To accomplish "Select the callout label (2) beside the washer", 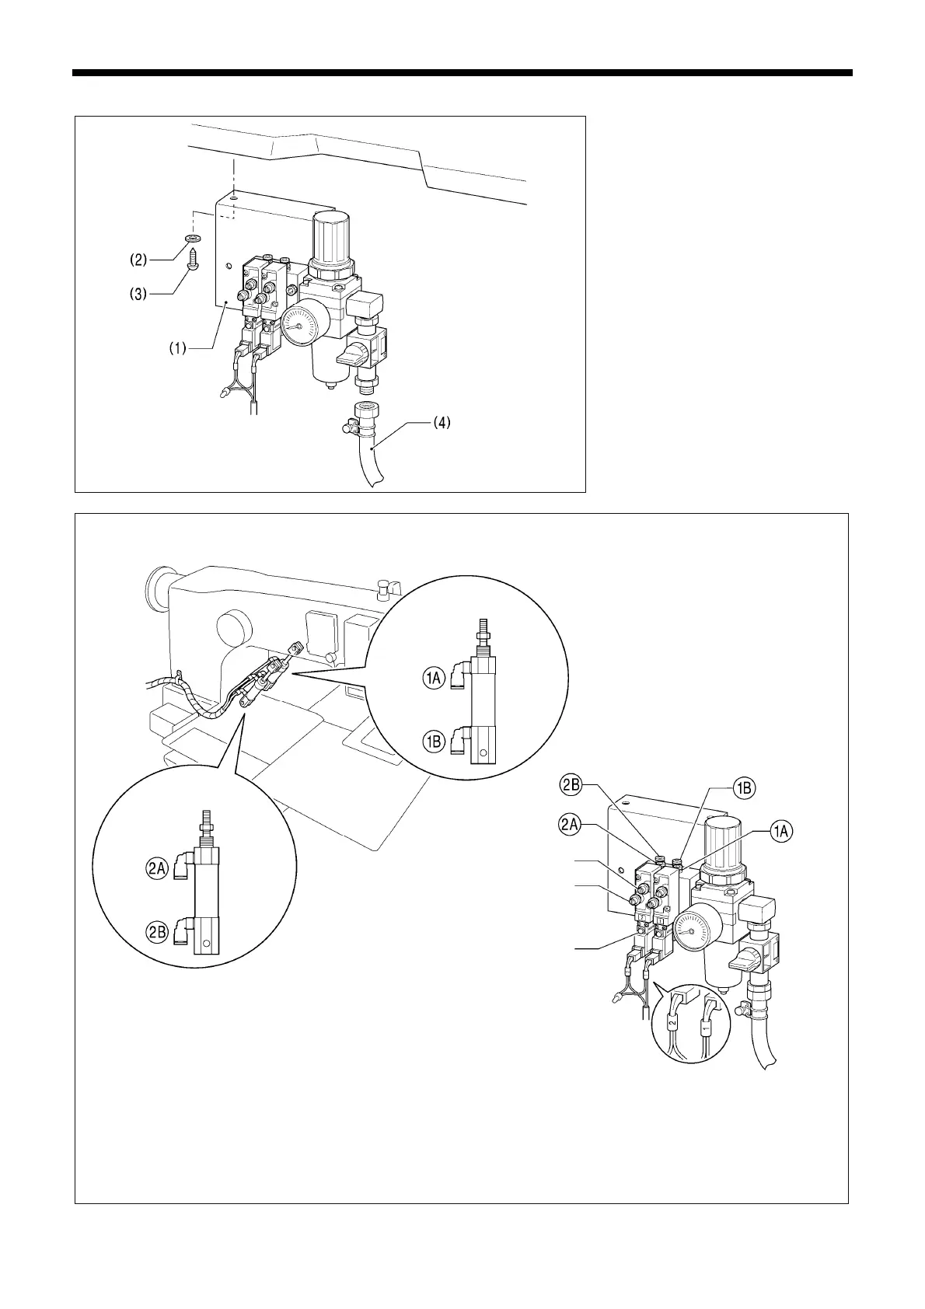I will (x=138, y=257).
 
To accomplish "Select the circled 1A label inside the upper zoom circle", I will (x=434, y=679).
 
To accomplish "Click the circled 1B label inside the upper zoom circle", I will (x=434, y=742).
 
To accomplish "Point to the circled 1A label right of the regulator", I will (x=782, y=832).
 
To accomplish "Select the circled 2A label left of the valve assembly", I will (x=571, y=824).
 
